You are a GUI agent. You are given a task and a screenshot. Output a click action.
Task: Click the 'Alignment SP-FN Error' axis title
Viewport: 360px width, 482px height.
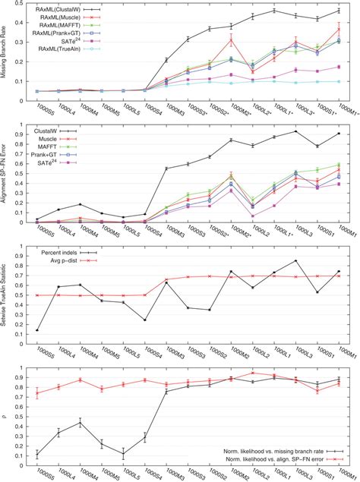point(5,172)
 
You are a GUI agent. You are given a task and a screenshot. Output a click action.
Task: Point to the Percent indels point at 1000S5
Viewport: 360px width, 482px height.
point(37,330)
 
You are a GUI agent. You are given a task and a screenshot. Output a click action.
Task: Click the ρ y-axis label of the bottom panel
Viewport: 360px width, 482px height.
point(5,416)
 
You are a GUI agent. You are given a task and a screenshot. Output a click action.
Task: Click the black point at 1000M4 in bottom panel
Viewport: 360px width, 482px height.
point(81,423)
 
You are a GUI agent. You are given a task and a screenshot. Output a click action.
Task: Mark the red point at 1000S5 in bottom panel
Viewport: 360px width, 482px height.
point(37,392)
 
